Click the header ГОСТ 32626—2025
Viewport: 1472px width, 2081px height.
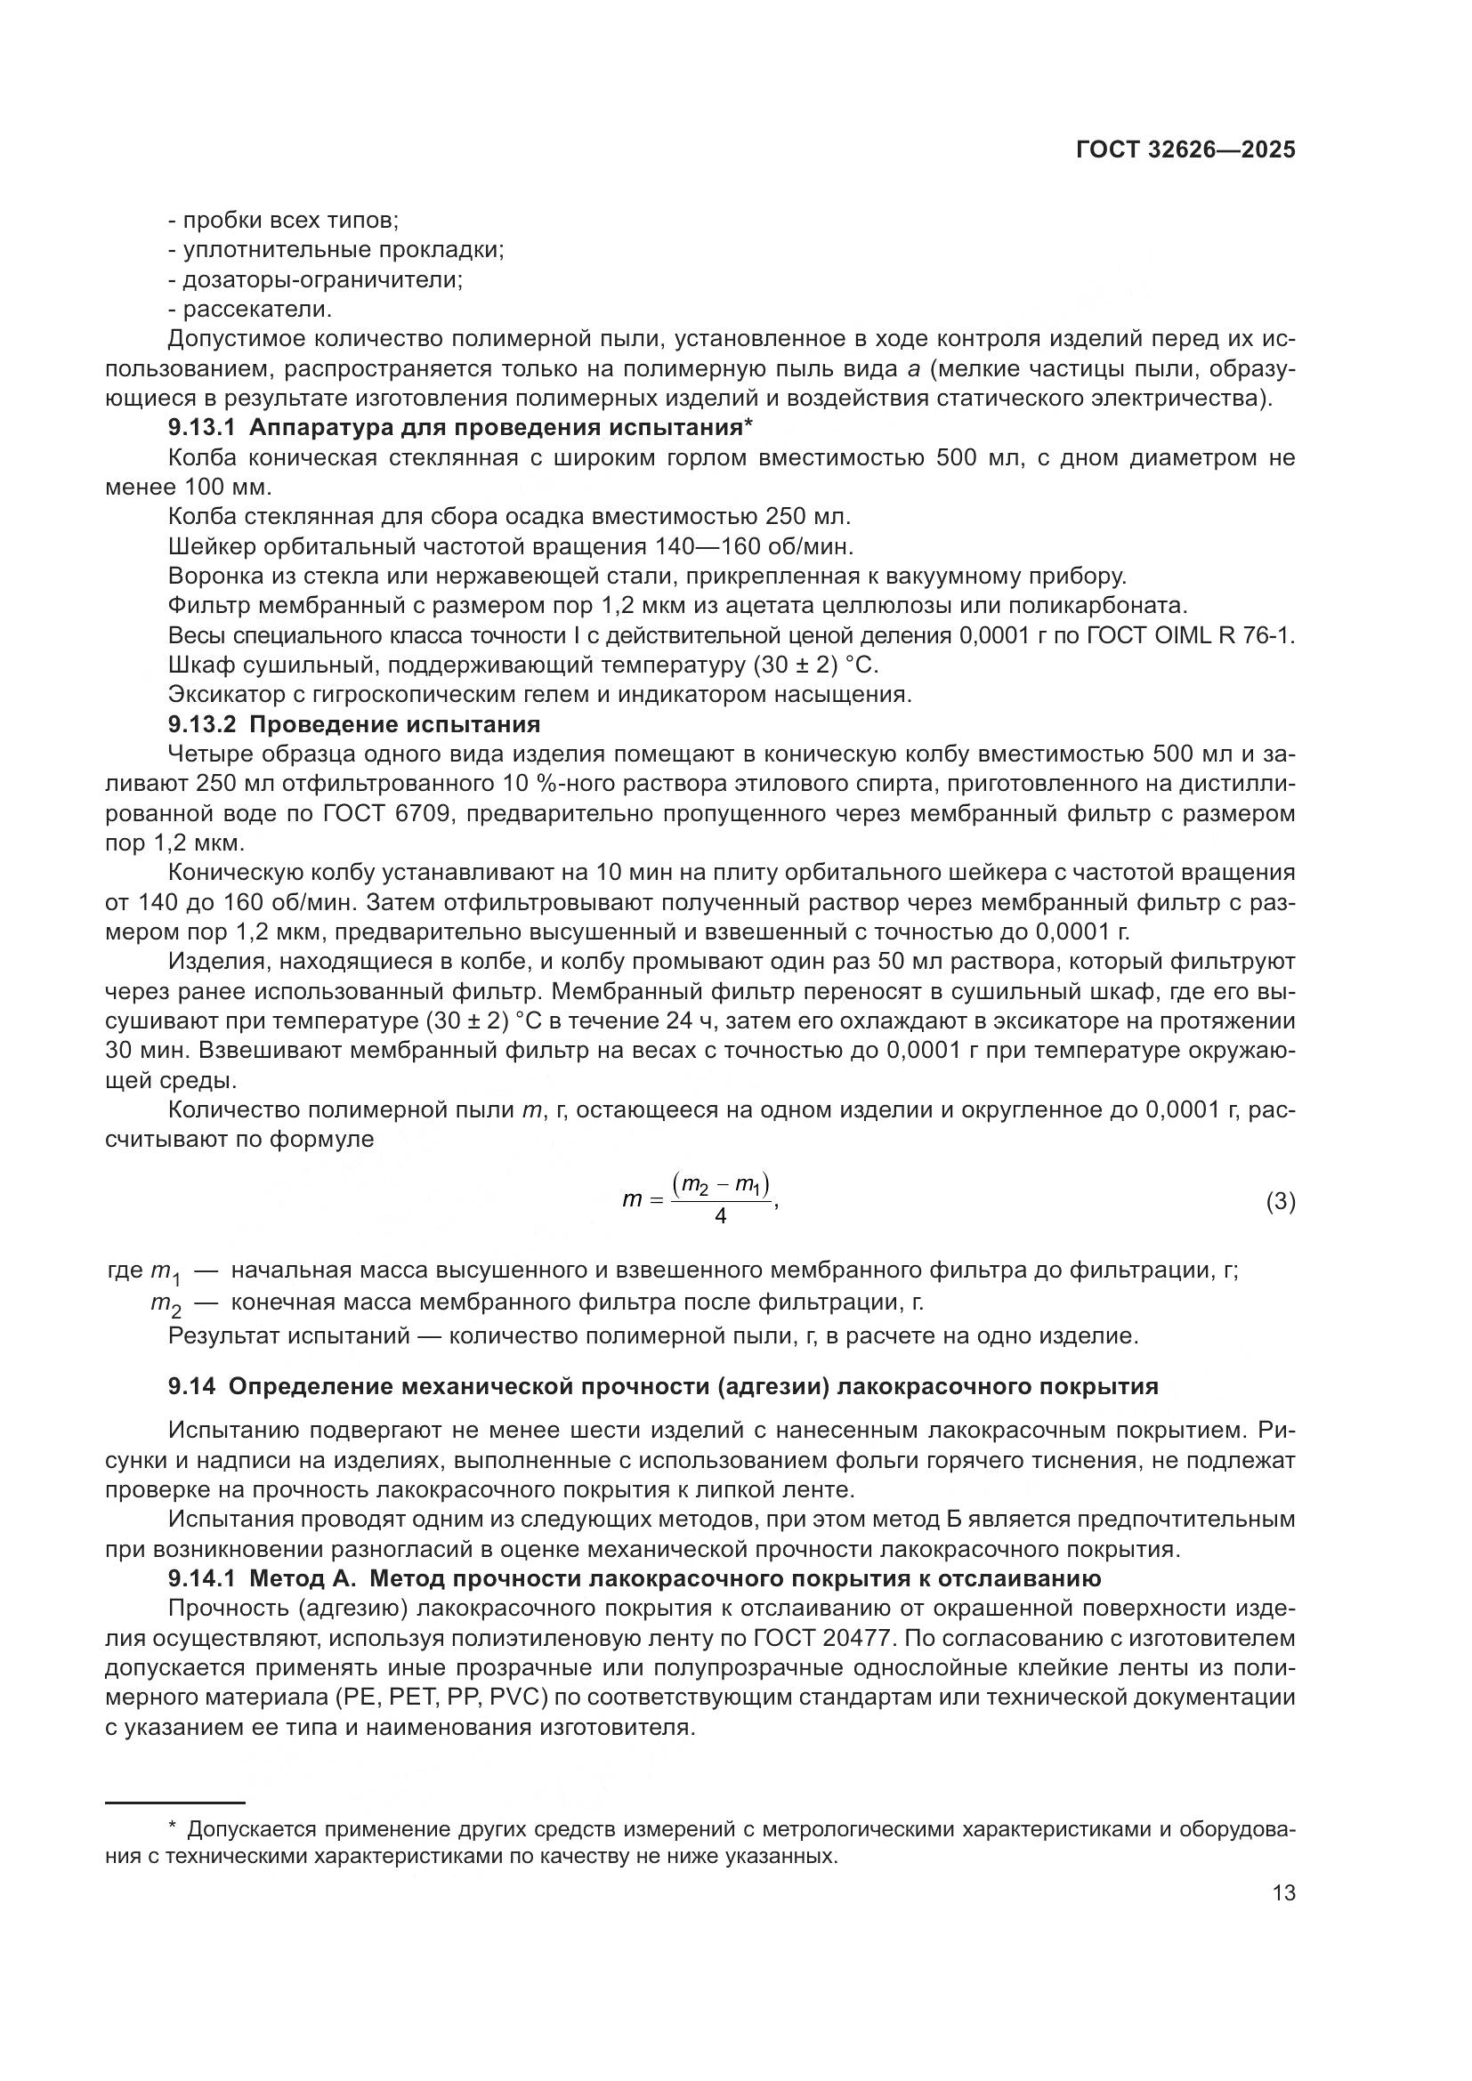point(1185,150)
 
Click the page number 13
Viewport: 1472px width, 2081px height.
point(1283,1893)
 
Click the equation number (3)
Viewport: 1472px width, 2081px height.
point(1280,1203)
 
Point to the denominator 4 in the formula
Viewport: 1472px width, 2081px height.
point(721,1217)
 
